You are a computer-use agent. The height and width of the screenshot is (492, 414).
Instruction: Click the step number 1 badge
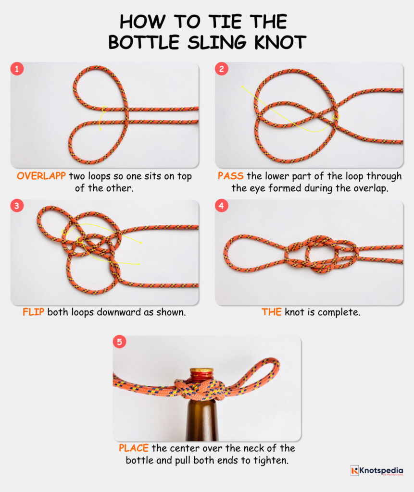pyautogui.click(x=17, y=69)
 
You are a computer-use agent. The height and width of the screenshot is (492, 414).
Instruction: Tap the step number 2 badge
pyautogui.click(x=221, y=69)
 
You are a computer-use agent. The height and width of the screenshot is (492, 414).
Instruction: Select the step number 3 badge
pyautogui.click(x=17, y=206)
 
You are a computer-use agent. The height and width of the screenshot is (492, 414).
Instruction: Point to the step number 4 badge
pyautogui.click(x=221, y=206)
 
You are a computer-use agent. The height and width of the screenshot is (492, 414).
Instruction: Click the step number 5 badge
pyautogui.click(x=119, y=343)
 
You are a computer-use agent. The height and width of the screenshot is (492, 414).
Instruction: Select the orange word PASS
pyautogui.click(x=230, y=176)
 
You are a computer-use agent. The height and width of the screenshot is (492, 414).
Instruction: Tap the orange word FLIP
pyautogui.click(x=34, y=312)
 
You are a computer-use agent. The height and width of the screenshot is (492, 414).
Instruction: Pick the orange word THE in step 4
pyautogui.click(x=271, y=312)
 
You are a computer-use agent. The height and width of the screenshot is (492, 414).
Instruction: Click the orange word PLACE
pyautogui.click(x=134, y=448)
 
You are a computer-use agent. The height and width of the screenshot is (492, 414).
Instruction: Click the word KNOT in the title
pyautogui.click(x=281, y=42)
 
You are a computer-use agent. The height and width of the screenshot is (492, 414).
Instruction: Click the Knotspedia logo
pyautogui.click(x=376, y=471)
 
